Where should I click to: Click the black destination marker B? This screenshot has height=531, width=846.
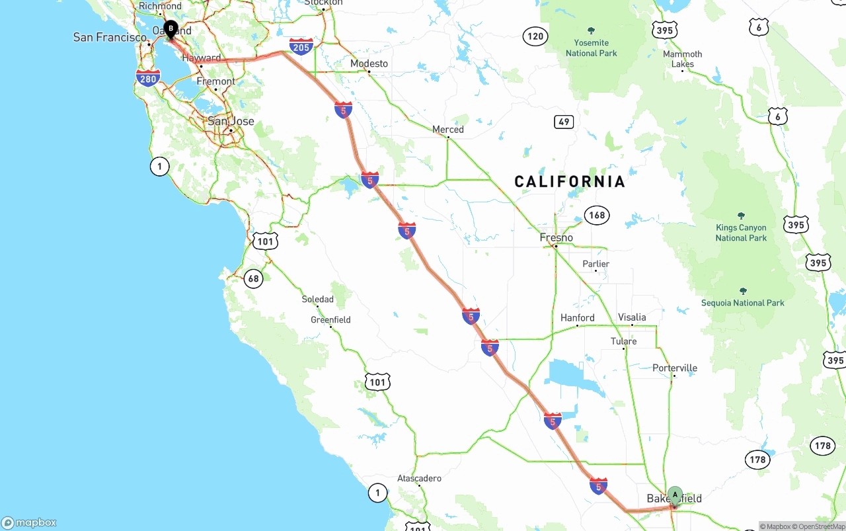171,28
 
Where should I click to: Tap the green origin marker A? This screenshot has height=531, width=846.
675,495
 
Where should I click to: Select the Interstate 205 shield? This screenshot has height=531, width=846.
301,46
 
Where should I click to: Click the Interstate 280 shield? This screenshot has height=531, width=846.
148,79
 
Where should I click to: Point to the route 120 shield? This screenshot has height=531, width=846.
535,36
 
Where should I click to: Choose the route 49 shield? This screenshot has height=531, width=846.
563,122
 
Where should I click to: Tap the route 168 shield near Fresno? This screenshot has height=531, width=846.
597,215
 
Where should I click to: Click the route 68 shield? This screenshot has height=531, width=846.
254,278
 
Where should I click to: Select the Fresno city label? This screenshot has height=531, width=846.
556,237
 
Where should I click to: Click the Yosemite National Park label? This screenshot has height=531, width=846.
591,48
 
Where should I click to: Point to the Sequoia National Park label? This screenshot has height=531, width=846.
743,303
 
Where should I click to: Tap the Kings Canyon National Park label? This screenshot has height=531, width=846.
741,233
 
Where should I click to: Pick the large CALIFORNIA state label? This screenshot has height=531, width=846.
570,182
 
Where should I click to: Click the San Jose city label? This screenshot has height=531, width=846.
231,121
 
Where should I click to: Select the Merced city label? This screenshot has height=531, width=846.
448,130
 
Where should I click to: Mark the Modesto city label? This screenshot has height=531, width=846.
369,63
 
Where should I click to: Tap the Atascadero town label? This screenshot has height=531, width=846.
419,478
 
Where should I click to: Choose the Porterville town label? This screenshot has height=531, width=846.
674,368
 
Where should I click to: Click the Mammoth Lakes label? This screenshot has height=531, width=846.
683,59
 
